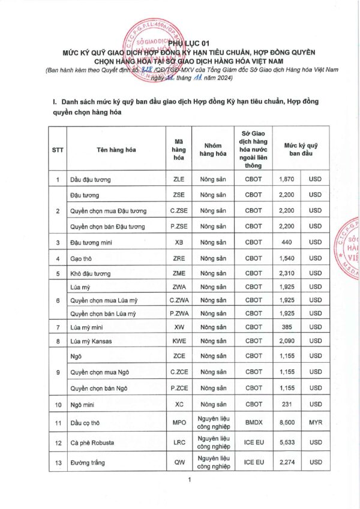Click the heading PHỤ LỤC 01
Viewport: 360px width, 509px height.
click(x=189, y=43)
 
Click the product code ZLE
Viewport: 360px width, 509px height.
click(x=179, y=179)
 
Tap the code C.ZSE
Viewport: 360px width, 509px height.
click(x=179, y=211)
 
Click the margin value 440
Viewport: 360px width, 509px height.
click(x=286, y=243)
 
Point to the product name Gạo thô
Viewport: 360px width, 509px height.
click(x=83, y=258)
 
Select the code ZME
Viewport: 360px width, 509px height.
click(x=179, y=274)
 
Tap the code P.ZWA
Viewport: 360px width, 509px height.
click(x=179, y=314)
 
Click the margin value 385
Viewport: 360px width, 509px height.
click(x=286, y=328)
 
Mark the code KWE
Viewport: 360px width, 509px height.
click(x=179, y=342)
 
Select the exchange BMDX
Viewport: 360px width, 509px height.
click(x=254, y=423)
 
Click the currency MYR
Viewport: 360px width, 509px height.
click(x=315, y=423)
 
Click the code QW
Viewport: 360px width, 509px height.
click(x=179, y=463)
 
